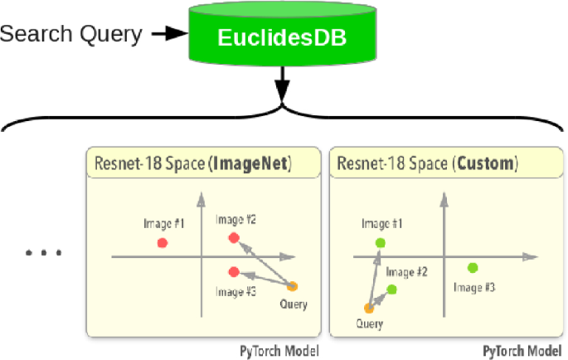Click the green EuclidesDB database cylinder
click(283, 37)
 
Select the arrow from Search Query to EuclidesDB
click(171, 34)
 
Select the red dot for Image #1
click(163, 243)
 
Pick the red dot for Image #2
click(234, 238)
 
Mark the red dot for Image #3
click(234, 272)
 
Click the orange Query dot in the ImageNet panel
click(293, 287)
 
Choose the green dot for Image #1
click(381, 243)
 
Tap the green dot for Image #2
click(391, 289)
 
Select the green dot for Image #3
click(473, 267)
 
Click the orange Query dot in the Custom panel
click(369, 309)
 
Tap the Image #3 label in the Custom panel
click(475, 286)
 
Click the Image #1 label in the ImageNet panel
click(163, 224)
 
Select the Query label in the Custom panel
click(369, 324)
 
